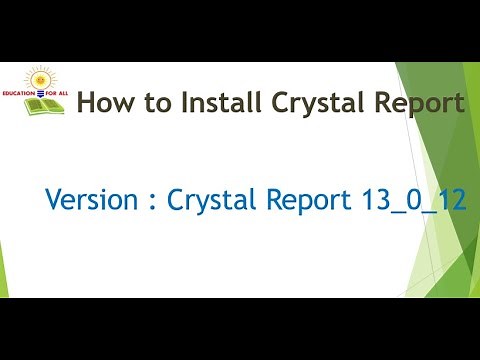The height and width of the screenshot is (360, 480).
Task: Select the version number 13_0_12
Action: (410, 200)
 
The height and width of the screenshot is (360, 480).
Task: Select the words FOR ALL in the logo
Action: (58, 93)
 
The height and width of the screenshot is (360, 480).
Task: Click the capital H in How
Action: (87, 103)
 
